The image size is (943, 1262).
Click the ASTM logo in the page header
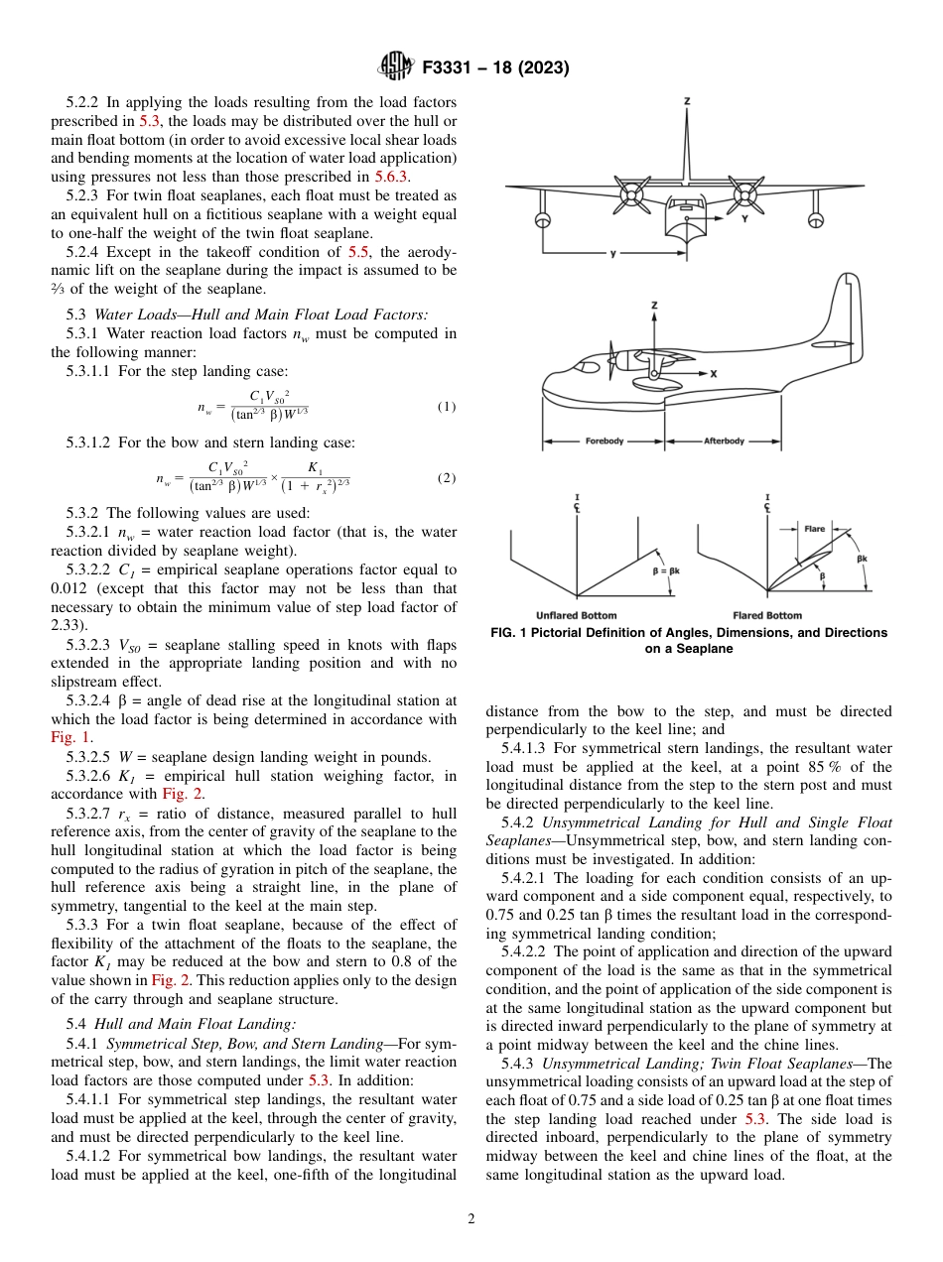tap(397, 67)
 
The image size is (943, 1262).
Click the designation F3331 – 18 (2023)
tap(495, 68)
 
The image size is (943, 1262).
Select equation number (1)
tap(446, 407)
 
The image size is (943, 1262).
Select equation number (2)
tap(446, 477)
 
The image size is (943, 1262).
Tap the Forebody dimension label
tap(604, 441)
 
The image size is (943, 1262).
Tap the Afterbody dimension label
tap(724, 441)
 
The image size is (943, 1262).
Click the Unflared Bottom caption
tap(576, 615)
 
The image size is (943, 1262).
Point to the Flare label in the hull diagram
tap(814, 529)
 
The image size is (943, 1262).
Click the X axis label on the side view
tap(713, 374)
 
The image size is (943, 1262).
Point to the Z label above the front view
tap(687, 101)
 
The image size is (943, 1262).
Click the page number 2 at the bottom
tap(471, 1219)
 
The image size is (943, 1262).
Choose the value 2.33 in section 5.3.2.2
tap(68, 625)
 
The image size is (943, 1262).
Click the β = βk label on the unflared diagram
tap(670, 571)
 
